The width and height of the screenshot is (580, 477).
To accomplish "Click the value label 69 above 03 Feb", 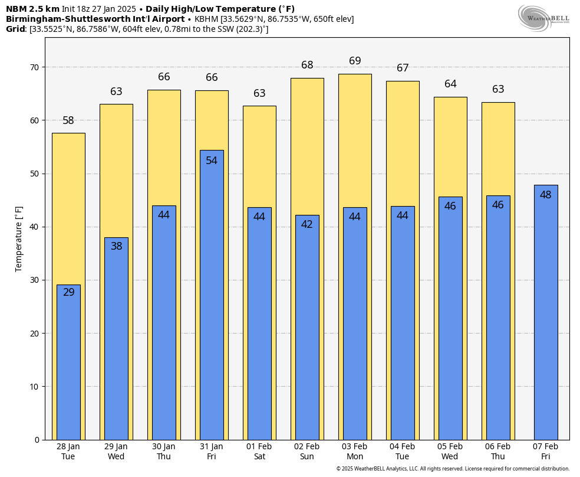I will tap(355, 61).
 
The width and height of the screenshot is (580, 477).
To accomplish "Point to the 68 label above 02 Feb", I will tap(307, 66).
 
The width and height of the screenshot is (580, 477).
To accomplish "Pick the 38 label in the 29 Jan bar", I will tap(117, 246).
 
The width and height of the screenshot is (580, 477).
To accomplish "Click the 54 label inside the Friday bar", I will tap(212, 161).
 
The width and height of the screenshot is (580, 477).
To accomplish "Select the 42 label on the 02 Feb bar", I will tap(307, 224).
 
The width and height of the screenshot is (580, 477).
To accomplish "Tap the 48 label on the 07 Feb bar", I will tap(546, 195).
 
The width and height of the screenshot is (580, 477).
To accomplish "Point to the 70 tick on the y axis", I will tap(35, 67).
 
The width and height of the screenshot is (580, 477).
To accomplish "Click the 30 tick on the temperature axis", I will tap(35, 280).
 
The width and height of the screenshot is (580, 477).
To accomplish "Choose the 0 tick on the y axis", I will tap(37, 440).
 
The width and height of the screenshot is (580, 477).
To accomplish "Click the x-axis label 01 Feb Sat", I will tap(259, 452).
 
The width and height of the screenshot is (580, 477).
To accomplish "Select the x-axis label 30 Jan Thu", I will tap(164, 452).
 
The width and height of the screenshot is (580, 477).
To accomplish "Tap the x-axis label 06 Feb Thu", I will tap(498, 452).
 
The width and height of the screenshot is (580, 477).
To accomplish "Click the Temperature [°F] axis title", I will tap(19, 238).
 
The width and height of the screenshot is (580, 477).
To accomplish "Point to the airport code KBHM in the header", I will tap(206, 19).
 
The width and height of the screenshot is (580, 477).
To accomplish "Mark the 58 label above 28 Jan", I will tap(68, 120).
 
